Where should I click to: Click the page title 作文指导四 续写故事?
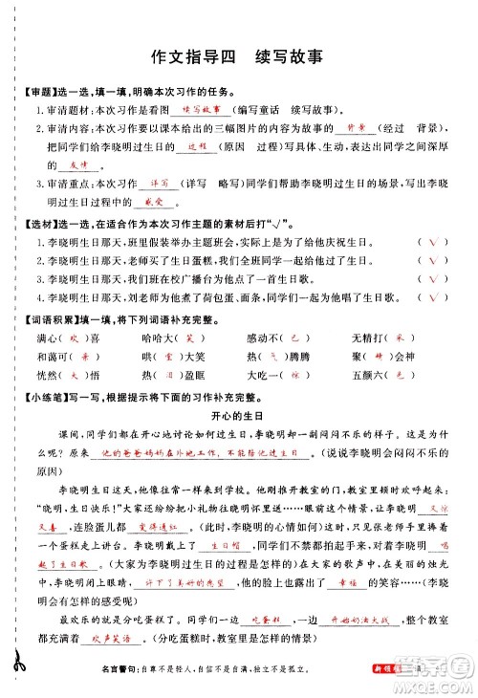[238, 56]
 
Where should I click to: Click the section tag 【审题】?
[39, 92]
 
